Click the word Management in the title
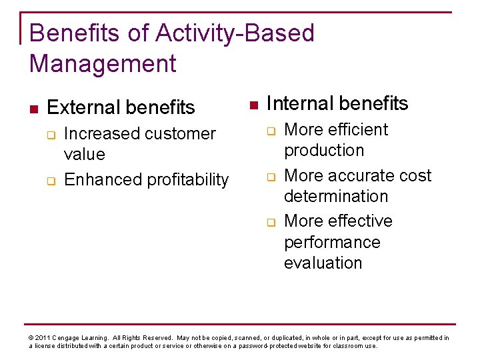103,64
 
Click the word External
84,107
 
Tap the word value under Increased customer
84,155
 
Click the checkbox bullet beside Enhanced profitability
51,180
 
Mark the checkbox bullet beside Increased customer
51,134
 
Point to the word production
324,151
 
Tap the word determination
336,197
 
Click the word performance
332,242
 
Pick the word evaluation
323,263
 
